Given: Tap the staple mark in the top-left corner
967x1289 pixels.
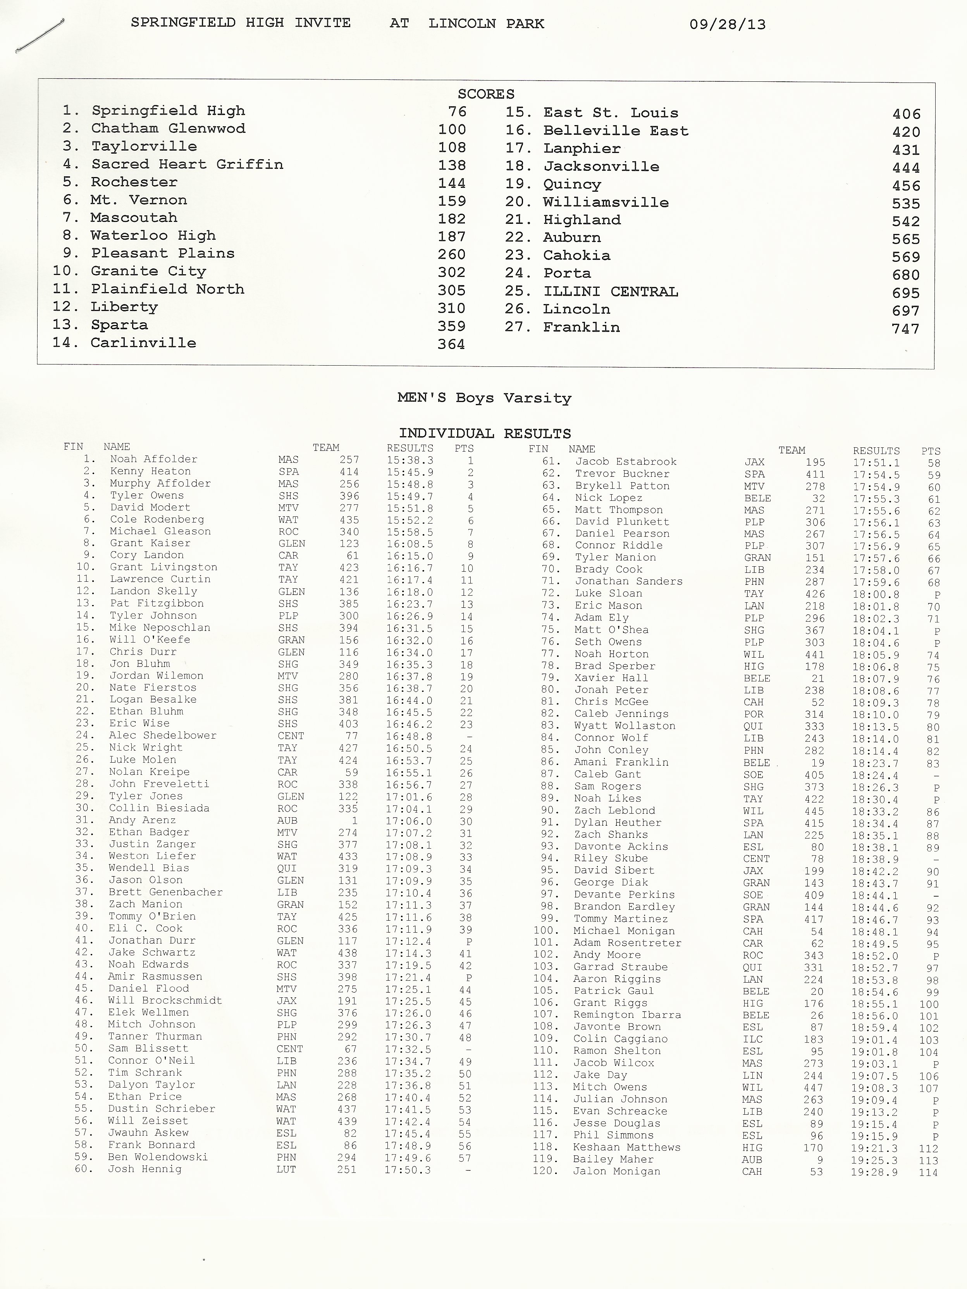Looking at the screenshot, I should [x=40, y=36].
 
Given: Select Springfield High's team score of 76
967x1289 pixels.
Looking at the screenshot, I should [x=457, y=111].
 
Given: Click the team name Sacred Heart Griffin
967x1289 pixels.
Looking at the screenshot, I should [x=187, y=164].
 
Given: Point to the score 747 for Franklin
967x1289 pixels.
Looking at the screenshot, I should [x=905, y=329].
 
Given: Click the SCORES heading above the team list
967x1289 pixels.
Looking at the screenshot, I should [x=485, y=94].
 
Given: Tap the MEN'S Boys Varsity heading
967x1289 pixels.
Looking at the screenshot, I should [x=484, y=398].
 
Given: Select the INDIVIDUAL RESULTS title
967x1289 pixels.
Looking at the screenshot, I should [x=484, y=433].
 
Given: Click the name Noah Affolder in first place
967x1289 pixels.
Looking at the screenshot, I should [x=153, y=459].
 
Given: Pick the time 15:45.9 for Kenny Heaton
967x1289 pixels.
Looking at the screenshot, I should [x=410, y=472].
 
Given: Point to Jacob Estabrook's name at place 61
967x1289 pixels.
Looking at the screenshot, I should [x=625, y=462].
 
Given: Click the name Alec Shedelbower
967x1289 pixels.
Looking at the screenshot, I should [x=163, y=736].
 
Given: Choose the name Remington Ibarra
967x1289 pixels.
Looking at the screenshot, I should [x=626, y=1014].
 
